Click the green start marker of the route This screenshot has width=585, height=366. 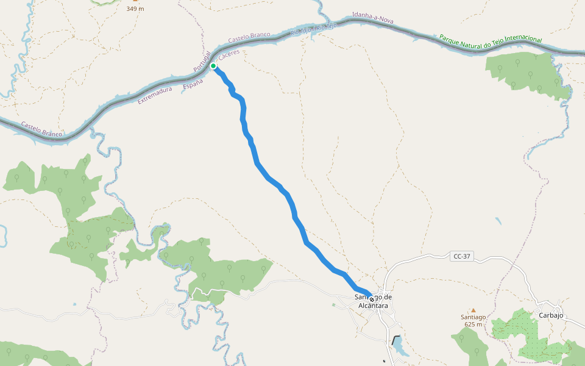point(213,66)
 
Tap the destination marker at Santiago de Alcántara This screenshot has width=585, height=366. point(371,300)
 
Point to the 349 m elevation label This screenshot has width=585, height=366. point(135,9)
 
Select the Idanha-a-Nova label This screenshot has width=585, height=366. point(373,18)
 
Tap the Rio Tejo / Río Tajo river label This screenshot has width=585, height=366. point(314,28)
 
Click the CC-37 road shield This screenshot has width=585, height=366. point(463,257)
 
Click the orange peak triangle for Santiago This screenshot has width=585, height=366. point(473,310)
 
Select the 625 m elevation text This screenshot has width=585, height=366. point(473,324)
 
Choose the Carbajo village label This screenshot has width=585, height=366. point(551,315)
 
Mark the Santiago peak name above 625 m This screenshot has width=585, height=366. point(473,317)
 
